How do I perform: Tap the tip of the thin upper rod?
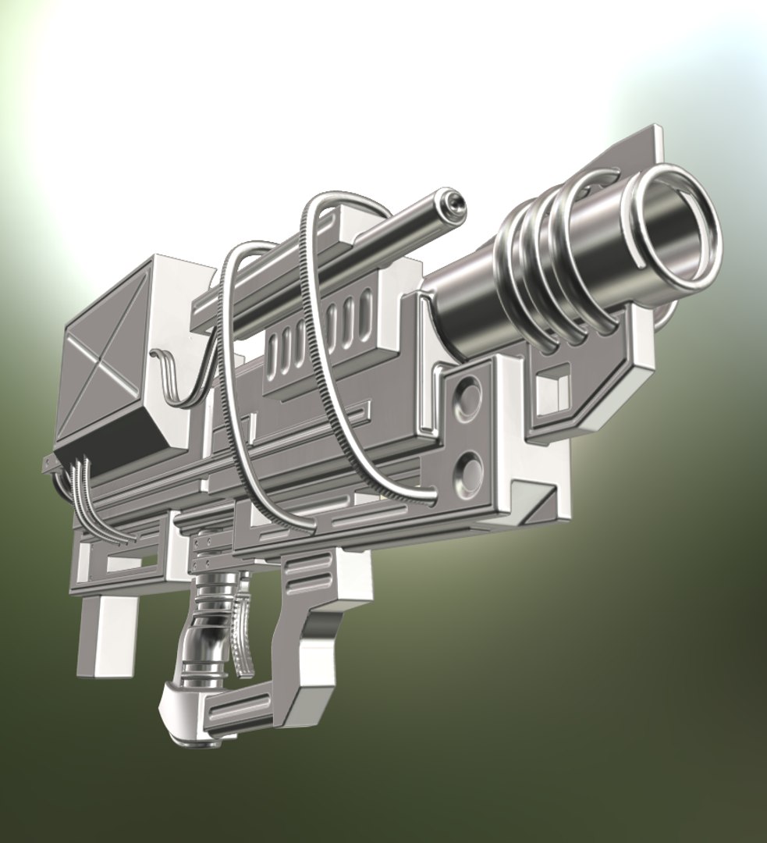(453, 202)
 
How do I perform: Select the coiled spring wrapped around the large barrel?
(546, 265)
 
